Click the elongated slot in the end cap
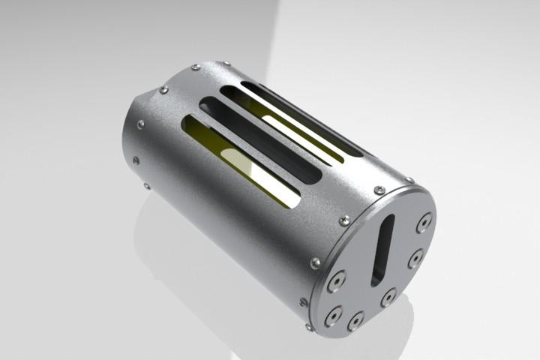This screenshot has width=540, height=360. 381,250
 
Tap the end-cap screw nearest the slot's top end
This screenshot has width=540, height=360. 424,221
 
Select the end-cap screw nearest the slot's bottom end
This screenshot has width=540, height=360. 388,297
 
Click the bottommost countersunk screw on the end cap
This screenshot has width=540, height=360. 354,321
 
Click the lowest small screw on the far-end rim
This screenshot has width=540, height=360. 146,186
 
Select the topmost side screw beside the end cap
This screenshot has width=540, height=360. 409,180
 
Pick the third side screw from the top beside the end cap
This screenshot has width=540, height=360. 344,220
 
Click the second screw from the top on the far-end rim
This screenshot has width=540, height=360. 196,67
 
